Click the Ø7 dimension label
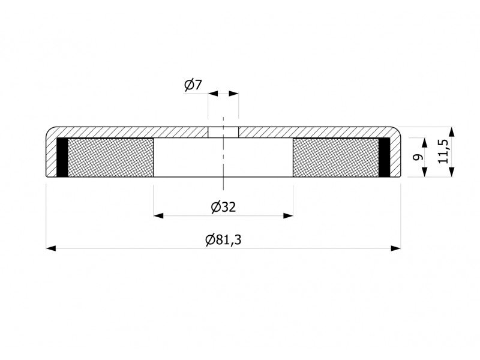(193, 85)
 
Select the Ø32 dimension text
(223, 207)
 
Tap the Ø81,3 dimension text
(223, 239)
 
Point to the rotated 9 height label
(418, 157)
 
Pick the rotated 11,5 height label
(443, 151)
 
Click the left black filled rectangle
(62, 157)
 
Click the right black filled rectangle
(384, 157)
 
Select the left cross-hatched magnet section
(110, 157)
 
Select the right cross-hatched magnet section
(336, 157)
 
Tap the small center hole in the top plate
(223, 132)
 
